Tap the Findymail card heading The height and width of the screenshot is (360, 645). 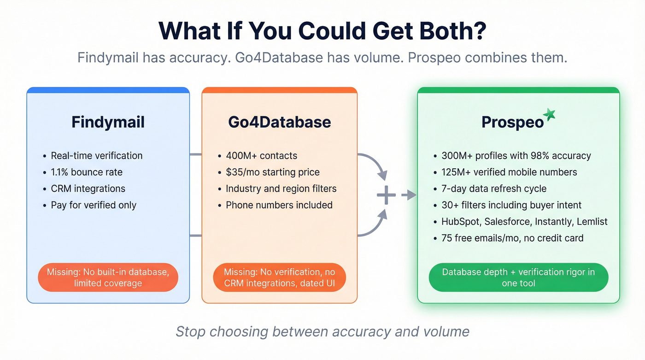point(108,122)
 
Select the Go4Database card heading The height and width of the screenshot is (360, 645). point(279,122)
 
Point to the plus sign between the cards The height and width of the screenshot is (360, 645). point(386,196)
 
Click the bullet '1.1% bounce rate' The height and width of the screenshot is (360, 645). point(87,172)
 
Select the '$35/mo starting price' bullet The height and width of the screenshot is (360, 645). point(272,172)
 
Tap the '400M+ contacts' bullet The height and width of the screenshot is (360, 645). point(261,156)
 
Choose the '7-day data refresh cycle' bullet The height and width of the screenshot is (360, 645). point(494,189)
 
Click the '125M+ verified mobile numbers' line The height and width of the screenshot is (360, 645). point(509,172)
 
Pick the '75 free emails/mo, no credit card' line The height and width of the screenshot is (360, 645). point(512,238)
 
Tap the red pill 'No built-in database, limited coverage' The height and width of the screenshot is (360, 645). point(108,277)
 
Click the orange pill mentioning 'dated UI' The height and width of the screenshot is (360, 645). point(279,277)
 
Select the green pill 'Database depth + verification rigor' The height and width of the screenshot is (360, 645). point(518,277)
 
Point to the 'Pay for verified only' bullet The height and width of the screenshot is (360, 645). point(94,205)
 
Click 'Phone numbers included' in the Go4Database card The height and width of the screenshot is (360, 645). point(279,205)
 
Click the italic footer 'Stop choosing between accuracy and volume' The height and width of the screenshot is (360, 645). point(322,332)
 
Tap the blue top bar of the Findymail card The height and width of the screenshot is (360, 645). point(108,90)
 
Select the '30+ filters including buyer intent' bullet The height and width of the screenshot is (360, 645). point(511,205)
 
